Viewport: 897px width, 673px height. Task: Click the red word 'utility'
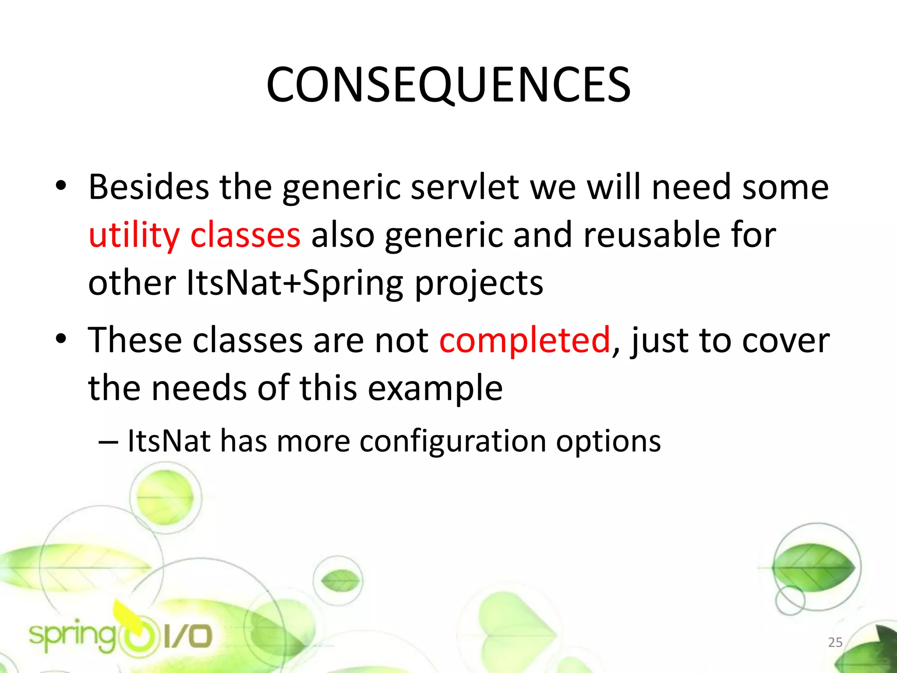click(134, 235)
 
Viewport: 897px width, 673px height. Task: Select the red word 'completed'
click(525, 340)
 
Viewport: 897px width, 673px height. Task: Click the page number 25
click(835, 642)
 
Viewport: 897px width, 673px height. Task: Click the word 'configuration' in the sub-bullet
click(453, 441)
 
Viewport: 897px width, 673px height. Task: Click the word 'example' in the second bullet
click(435, 388)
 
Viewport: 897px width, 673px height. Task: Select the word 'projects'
click(479, 283)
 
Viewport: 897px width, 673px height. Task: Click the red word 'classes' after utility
click(245, 235)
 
